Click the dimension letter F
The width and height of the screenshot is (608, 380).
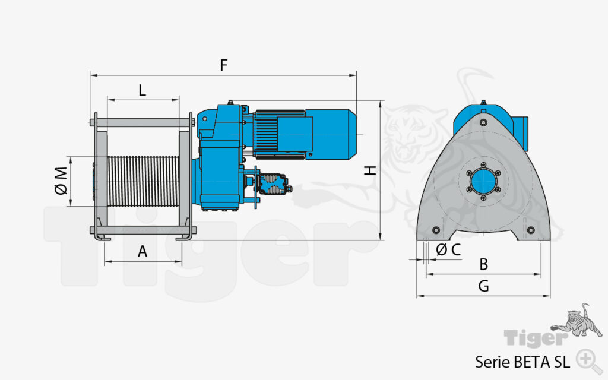point(224,65)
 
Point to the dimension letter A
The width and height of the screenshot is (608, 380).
point(142,251)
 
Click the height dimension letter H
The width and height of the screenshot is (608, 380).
point(370,170)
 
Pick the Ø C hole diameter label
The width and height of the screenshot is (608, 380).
point(448,250)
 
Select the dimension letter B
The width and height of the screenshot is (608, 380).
point(483,264)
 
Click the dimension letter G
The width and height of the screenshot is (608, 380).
point(483,286)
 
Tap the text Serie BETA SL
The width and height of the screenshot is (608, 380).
point(522,361)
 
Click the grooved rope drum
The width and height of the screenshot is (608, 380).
point(142,181)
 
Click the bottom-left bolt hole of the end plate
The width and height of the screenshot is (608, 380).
point(436,230)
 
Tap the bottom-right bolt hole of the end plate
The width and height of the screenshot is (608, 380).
point(531,230)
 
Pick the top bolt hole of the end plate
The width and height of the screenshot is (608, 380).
point(484,122)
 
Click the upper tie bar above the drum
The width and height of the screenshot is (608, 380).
point(142,123)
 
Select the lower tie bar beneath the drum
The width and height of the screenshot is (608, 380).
point(142,230)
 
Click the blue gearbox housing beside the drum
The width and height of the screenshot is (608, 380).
point(217,172)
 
